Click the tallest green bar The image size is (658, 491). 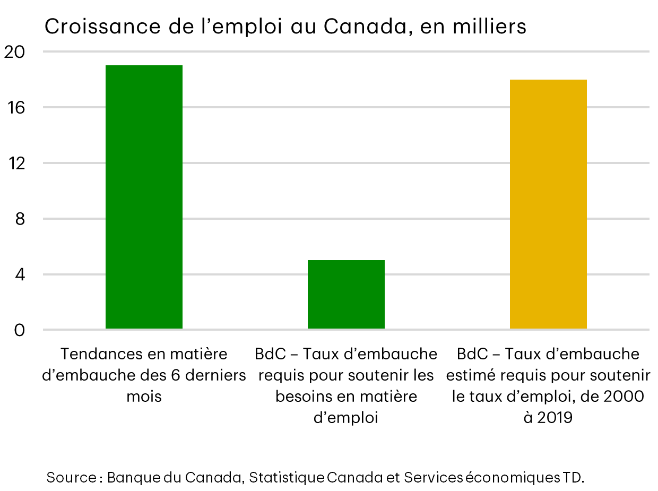[x=144, y=197]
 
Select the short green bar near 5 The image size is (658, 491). [x=346, y=294]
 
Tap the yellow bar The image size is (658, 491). [x=548, y=204]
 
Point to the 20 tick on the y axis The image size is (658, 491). [x=15, y=52]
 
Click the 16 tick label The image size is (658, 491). [x=15, y=108]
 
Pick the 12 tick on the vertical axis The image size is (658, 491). [x=15, y=163]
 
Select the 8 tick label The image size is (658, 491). [x=20, y=219]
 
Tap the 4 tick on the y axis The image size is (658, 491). [x=20, y=275]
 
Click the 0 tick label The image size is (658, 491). [x=20, y=330]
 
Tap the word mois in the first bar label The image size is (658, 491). [x=144, y=397]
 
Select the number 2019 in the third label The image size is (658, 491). [x=555, y=418]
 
